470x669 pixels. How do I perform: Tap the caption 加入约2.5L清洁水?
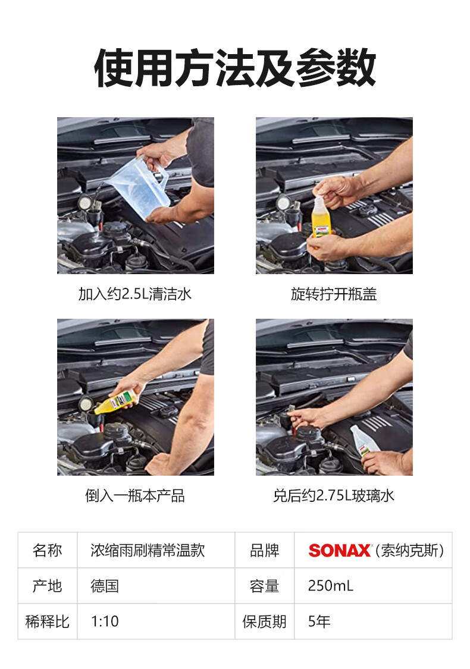pyautogui.click(x=135, y=294)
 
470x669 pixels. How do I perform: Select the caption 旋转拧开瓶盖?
pyautogui.click(x=334, y=294)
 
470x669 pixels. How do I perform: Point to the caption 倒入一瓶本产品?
pyautogui.click(x=135, y=496)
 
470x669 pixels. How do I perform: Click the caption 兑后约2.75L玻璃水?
pyautogui.click(x=334, y=496)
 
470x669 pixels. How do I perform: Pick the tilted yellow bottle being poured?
pyautogui.click(x=116, y=403)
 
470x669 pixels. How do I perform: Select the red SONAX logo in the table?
pyautogui.click(x=340, y=551)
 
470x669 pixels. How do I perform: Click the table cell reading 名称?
pyautogui.click(x=48, y=551)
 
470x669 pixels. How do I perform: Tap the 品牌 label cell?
pyautogui.click(x=265, y=551)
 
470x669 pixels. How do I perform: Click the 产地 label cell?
pyautogui.click(x=48, y=586)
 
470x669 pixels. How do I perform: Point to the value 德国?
pyautogui.click(x=105, y=586)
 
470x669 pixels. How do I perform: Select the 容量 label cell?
pyautogui.click(x=265, y=586)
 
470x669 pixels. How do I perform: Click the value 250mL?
pyautogui.click(x=331, y=586)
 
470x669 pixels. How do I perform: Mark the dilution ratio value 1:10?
pyautogui.click(x=105, y=621)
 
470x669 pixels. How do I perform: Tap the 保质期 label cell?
pyautogui.click(x=265, y=621)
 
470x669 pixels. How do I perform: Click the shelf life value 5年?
pyautogui.click(x=319, y=621)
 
